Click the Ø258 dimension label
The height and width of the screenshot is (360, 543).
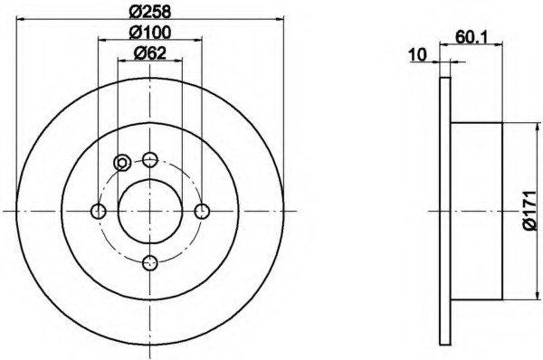pyautogui.click(x=150, y=12)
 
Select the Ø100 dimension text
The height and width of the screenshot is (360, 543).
pyautogui.click(x=150, y=33)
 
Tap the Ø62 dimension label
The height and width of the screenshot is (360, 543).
pyautogui.click(x=150, y=53)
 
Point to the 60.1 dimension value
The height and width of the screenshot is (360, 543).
pyautogui.click(x=472, y=37)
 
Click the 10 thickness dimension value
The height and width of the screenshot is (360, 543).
pyautogui.click(x=417, y=54)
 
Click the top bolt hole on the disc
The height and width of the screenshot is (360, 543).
pyautogui.click(x=150, y=159)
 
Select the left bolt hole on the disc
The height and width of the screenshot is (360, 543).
pyautogui.click(x=99, y=211)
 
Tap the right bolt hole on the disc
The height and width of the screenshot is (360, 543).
pyautogui.click(x=202, y=211)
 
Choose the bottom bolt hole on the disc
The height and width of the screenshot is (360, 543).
pyautogui.click(x=150, y=263)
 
